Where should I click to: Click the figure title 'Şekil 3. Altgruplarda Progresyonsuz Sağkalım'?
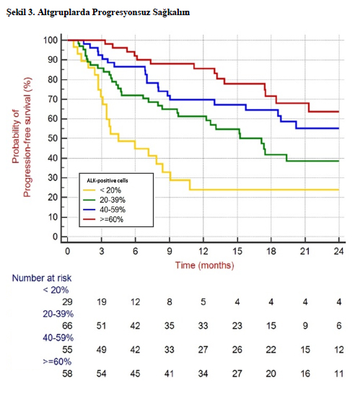point(98,12)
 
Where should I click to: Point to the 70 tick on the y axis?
point(53,100)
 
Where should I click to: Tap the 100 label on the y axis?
point(51,40)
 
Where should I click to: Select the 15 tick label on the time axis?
point(237,251)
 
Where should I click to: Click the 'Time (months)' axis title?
point(205,265)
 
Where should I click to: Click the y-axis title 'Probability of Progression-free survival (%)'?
point(22,137)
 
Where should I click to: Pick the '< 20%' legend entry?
point(102,190)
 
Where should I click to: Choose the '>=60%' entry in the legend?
point(103,219)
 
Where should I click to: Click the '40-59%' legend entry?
point(104,210)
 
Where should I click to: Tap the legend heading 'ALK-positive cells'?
point(107,180)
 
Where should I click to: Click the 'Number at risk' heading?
point(42,278)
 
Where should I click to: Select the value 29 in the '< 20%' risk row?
point(67,301)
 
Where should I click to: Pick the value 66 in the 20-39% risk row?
point(67,326)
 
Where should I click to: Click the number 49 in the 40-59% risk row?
point(101,350)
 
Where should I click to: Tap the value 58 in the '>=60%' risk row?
point(67,374)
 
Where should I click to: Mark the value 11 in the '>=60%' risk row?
point(338,374)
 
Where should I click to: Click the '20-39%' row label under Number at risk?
point(58,314)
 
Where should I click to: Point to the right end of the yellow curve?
point(338,190)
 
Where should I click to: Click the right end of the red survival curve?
point(338,112)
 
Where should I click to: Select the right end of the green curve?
point(338,161)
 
